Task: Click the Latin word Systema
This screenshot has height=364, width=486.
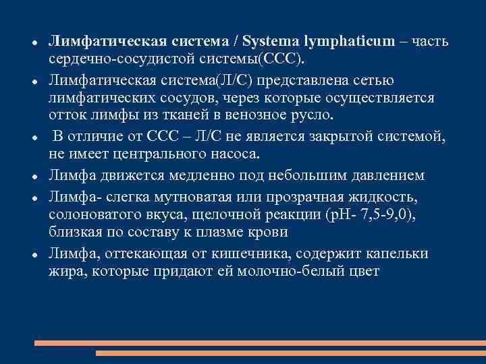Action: point(270,42)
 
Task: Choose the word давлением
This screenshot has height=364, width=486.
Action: point(385,176)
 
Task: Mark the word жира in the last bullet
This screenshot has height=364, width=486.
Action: point(63,270)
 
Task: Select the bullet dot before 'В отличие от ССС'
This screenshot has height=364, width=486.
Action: point(33,138)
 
